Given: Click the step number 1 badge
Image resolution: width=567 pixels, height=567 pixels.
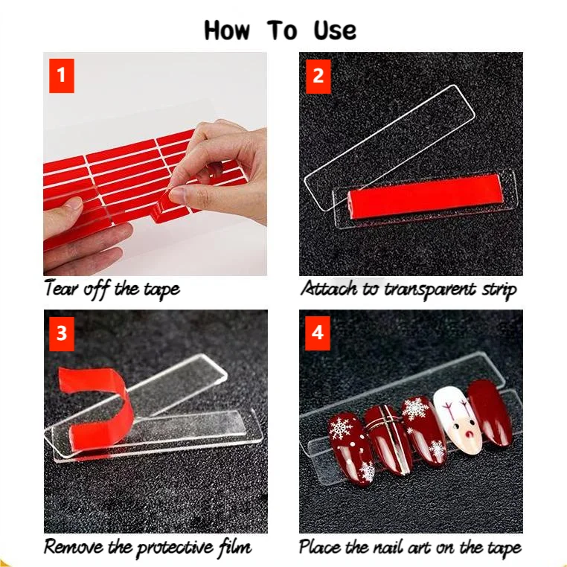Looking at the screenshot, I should pyautogui.click(x=62, y=76).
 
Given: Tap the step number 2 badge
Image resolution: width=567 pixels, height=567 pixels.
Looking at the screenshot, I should pyautogui.click(x=318, y=76).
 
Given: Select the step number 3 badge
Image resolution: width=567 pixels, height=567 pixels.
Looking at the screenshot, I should pyautogui.click(x=62, y=333).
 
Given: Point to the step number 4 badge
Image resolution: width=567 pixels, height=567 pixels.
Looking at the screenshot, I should pyautogui.click(x=318, y=333).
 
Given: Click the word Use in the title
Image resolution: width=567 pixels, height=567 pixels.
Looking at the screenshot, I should pyautogui.click(x=335, y=31).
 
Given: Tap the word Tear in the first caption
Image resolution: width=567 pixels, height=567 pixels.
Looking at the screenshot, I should pyautogui.click(x=60, y=289).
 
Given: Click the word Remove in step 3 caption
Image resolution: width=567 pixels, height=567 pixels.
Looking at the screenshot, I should pyautogui.click(x=72, y=547).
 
